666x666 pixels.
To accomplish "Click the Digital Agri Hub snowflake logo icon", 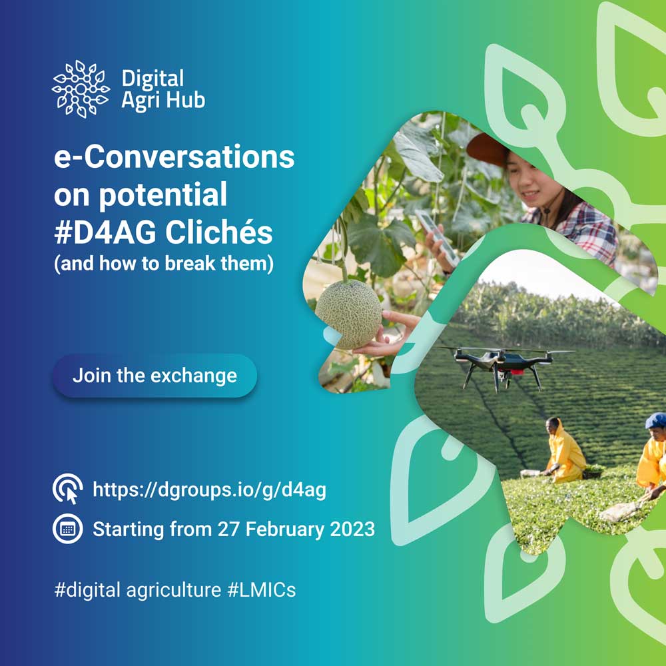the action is tap(81, 89).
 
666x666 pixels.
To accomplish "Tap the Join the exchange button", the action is tap(155, 376).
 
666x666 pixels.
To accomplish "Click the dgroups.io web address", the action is tap(209, 490).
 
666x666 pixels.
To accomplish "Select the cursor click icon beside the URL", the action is tap(67, 489).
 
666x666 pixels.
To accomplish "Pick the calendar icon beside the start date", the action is tap(67, 529).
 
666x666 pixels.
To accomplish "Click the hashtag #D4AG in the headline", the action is tap(106, 233).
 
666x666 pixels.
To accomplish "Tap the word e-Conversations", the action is tap(174, 157).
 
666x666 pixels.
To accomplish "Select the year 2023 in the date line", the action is tap(352, 529).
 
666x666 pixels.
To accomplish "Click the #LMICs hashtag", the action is tap(262, 590).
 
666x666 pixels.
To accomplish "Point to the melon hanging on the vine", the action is tap(348, 314).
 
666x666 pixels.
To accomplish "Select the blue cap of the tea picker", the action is tap(656, 420).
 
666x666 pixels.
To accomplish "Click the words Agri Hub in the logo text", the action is tap(164, 101).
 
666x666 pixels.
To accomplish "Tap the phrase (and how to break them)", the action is tap(164, 264).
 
